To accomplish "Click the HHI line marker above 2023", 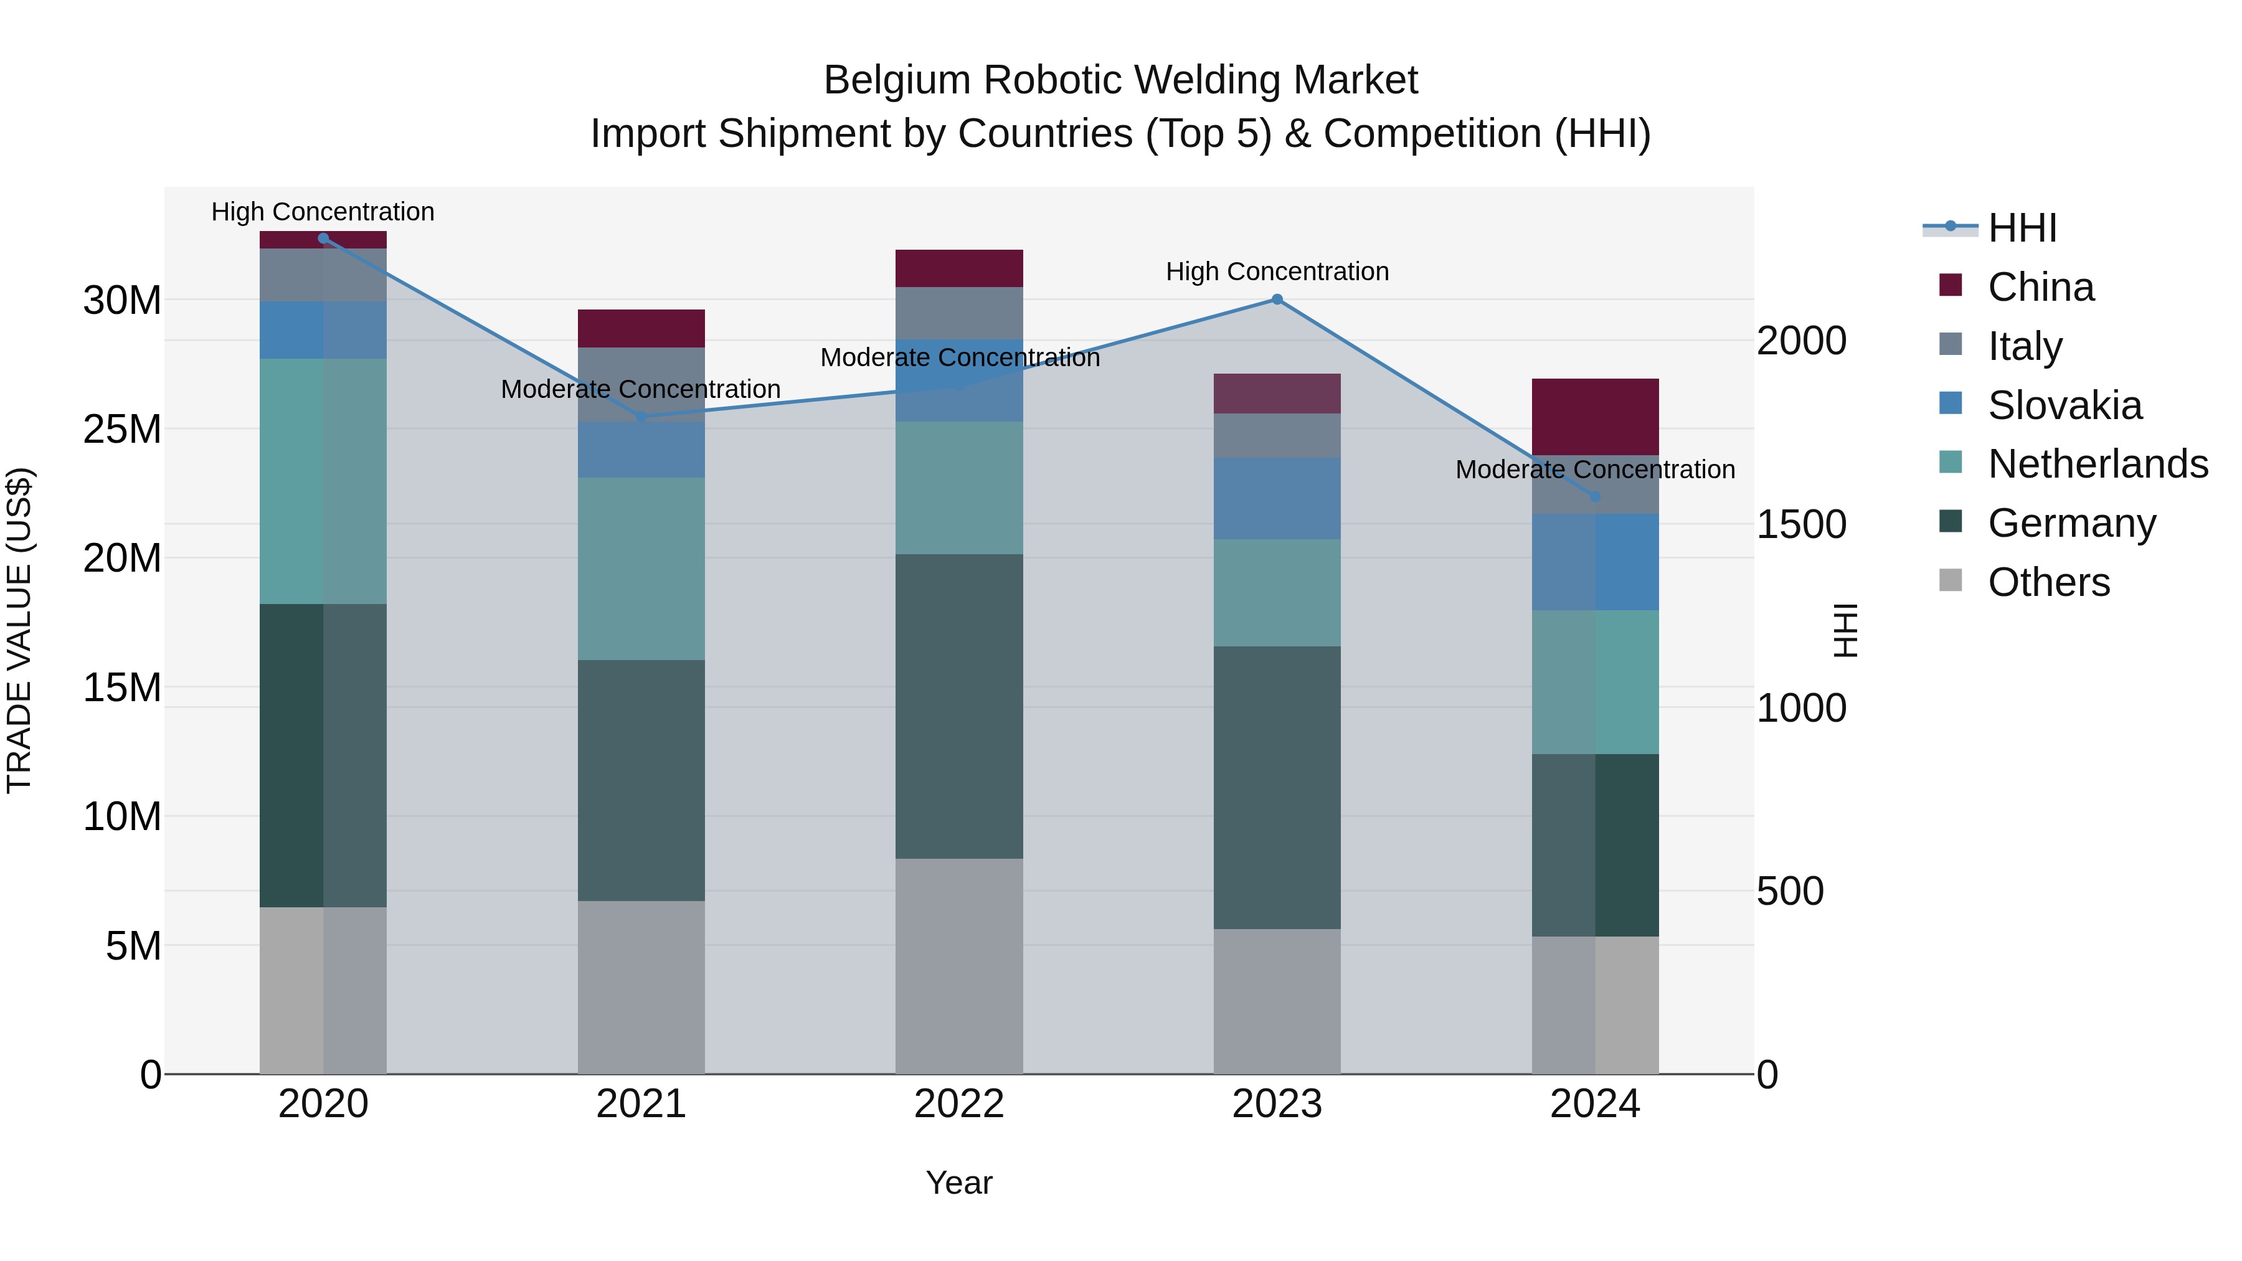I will click(1277, 300).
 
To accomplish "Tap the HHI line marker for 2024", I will click(1594, 497).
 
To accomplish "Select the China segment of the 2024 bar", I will click(1594, 417).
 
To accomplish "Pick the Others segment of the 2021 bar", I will click(641, 987).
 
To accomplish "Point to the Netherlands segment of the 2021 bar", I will click(641, 569).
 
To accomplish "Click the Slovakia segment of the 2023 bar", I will click(1277, 499).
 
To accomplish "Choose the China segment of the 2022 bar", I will click(959, 268).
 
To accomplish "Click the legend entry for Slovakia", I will click(2065, 405).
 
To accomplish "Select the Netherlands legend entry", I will click(2098, 464).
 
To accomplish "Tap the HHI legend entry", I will click(2022, 228).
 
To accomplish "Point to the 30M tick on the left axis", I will click(122, 300).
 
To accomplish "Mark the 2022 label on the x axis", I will click(959, 1104).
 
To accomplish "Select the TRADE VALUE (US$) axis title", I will click(20, 630).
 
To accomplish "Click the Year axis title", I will click(959, 1183).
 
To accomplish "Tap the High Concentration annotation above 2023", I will click(1277, 272).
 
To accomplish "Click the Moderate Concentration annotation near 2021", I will click(641, 389).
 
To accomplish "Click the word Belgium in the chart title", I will click(897, 80).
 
